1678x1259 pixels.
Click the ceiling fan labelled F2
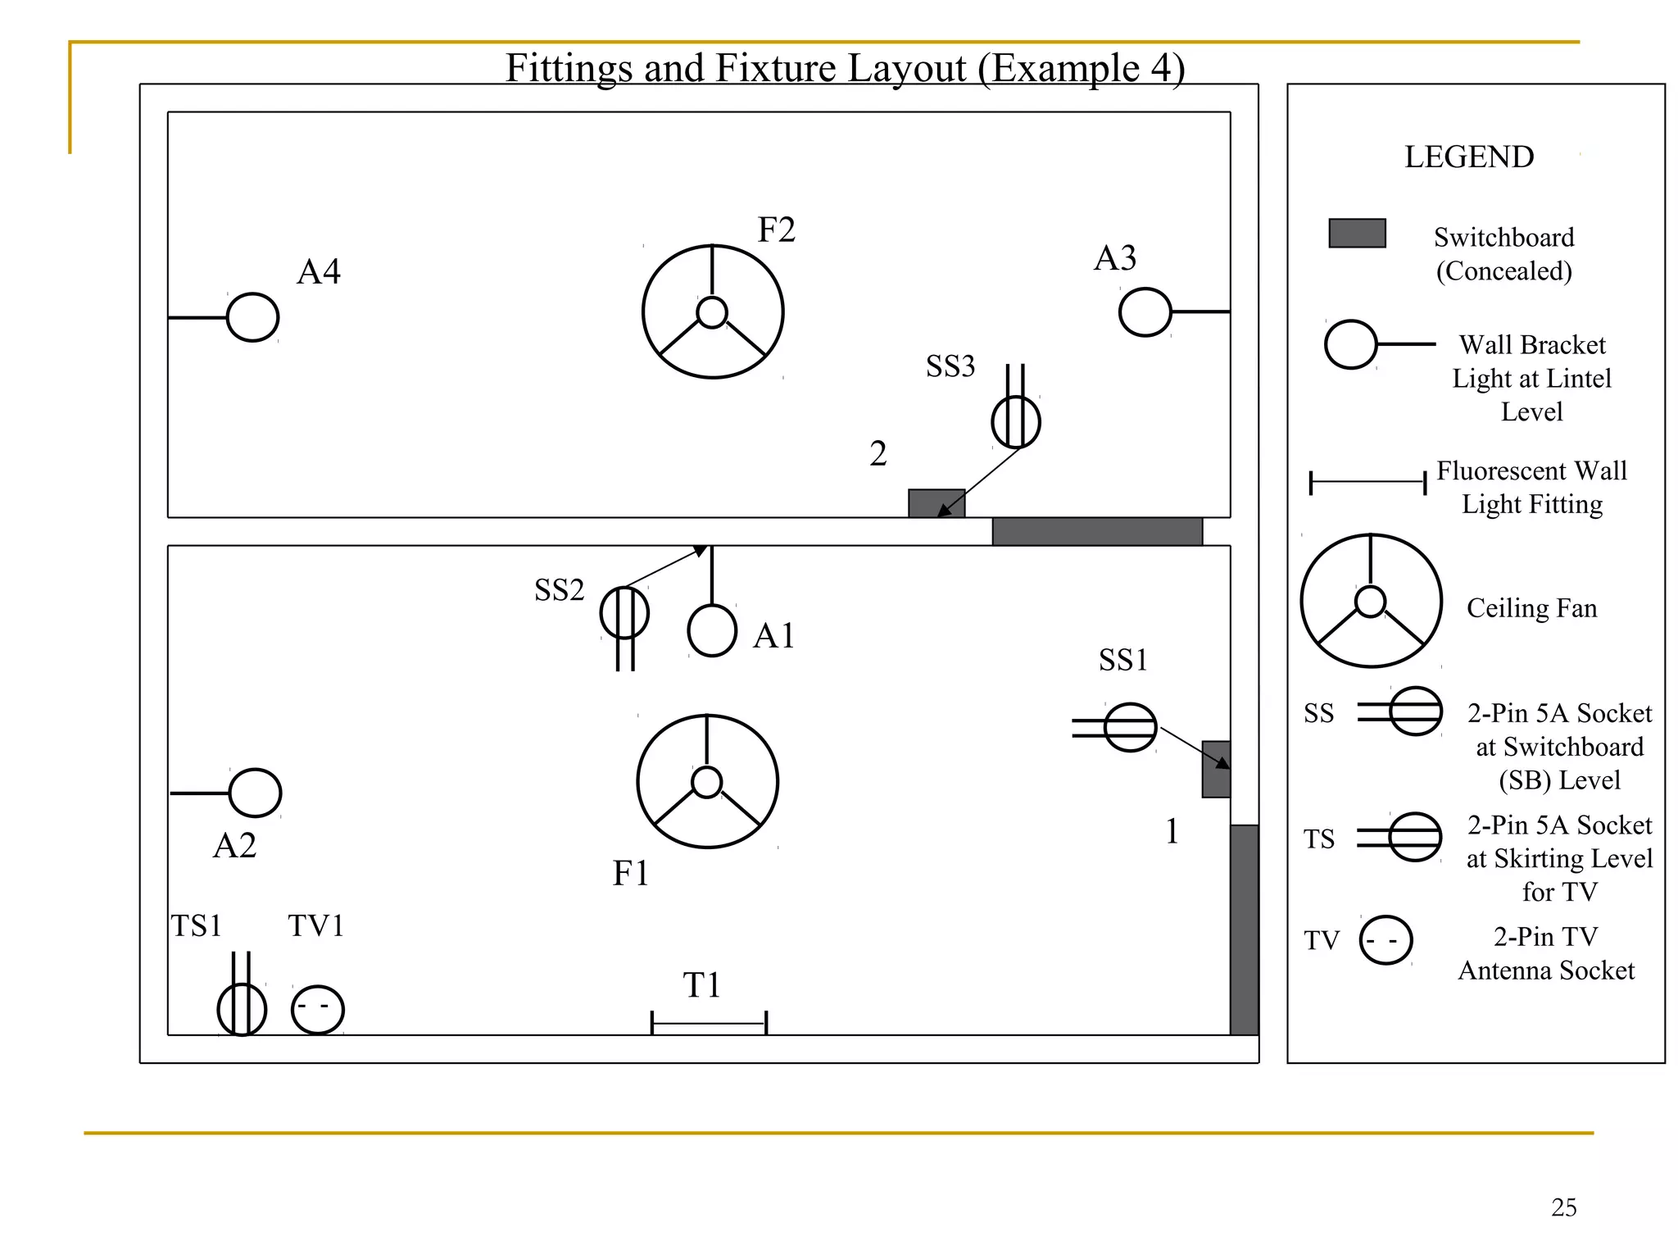tap(713, 312)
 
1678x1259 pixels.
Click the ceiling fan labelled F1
tap(707, 782)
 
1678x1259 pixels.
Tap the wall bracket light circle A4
tap(252, 317)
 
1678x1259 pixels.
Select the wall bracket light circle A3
tap(1145, 312)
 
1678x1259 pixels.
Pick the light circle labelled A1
tap(712, 631)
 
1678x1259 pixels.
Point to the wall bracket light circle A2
tap(255, 793)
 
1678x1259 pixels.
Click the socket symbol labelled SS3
tap(1016, 422)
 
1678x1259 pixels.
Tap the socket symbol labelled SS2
tap(624, 613)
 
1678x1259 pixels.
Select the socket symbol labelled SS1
tap(1130, 727)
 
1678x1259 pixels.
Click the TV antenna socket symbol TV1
tap(317, 1009)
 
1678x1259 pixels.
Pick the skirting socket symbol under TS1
tap(242, 1010)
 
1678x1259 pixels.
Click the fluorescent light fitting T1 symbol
tap(709, 1023)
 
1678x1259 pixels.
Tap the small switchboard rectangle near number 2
tap(936, 503)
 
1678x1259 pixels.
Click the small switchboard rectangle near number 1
tap(1216, 769)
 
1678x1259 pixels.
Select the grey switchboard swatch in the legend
tap(1357, 233)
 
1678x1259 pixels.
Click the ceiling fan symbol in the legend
tap(1371, 601)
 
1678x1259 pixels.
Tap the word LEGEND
tap(1469, 157)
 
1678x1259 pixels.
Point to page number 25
tap(1563, 1207)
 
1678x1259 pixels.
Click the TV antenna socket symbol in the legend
tap(1385, 940)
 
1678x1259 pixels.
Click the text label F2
tap(776, 230)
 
